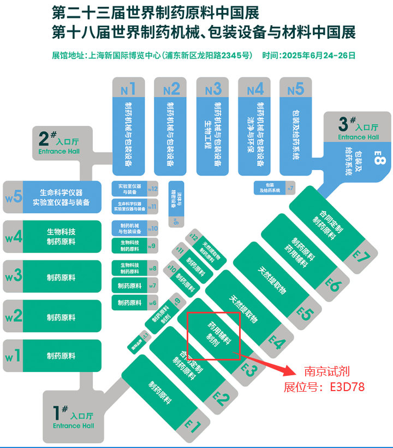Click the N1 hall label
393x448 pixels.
click(x=128, y=88)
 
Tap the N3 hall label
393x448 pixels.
click(x=213, y=88)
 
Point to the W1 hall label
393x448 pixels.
click(x=13, y=356)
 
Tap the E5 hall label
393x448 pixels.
click(x=305, y=312)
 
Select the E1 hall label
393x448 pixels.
click(x=193, y=423)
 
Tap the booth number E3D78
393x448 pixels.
click(x=347, y=387)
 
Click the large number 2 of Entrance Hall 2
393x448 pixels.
click(x=44, y=137)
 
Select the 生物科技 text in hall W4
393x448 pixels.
click(x=61, y=232)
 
